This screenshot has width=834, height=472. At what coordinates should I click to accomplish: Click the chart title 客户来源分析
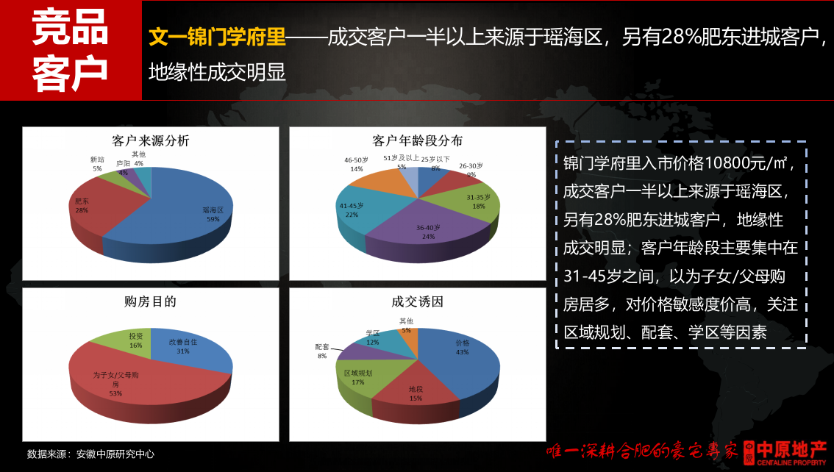pyautogui.click(x=150, y=140)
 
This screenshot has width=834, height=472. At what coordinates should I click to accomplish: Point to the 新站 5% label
pyautogui.click(x=97, y=164)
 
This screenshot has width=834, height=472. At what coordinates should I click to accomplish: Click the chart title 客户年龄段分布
pyautogui.click(x=418, y=140)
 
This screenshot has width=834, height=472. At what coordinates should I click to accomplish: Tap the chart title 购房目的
pyautogui.click(x=150, y=301)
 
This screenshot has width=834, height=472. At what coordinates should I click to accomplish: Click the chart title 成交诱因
pyautogui.click(x=418, y=301)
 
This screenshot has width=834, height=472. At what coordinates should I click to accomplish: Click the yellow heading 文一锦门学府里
pyautogui.click(x=217, y=37)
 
